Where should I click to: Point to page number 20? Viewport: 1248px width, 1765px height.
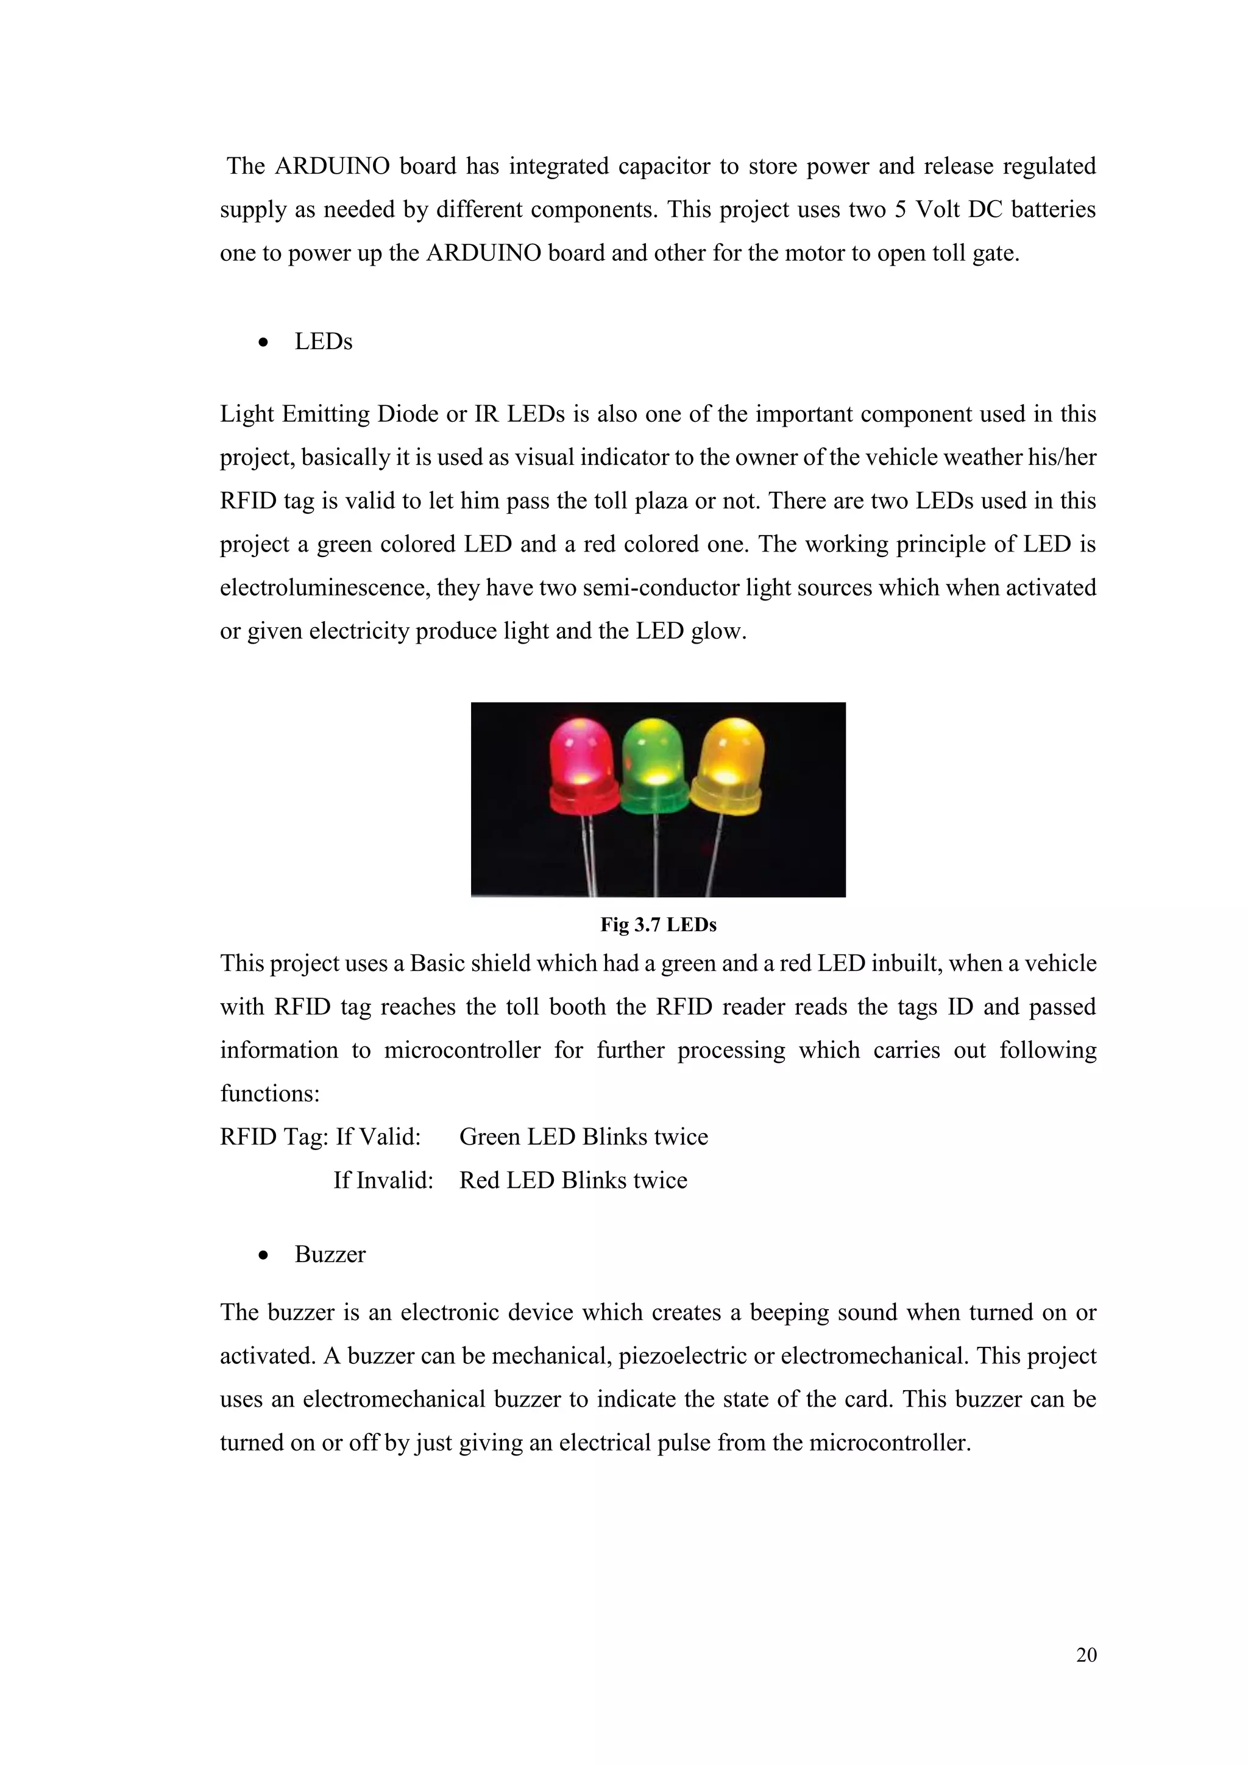[x=1086, y=1655]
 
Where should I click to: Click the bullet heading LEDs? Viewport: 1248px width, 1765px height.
[x=323, y=342]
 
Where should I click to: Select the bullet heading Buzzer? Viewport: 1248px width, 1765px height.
[x=330, y=1254]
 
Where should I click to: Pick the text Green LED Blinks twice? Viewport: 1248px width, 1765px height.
[x=583, y=1137]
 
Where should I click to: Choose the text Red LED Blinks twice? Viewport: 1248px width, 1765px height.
[x=573, y=1181]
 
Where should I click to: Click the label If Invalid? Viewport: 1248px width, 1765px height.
[x=383, y=1181]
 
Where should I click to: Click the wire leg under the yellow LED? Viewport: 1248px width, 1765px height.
[x=715, y=853]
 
